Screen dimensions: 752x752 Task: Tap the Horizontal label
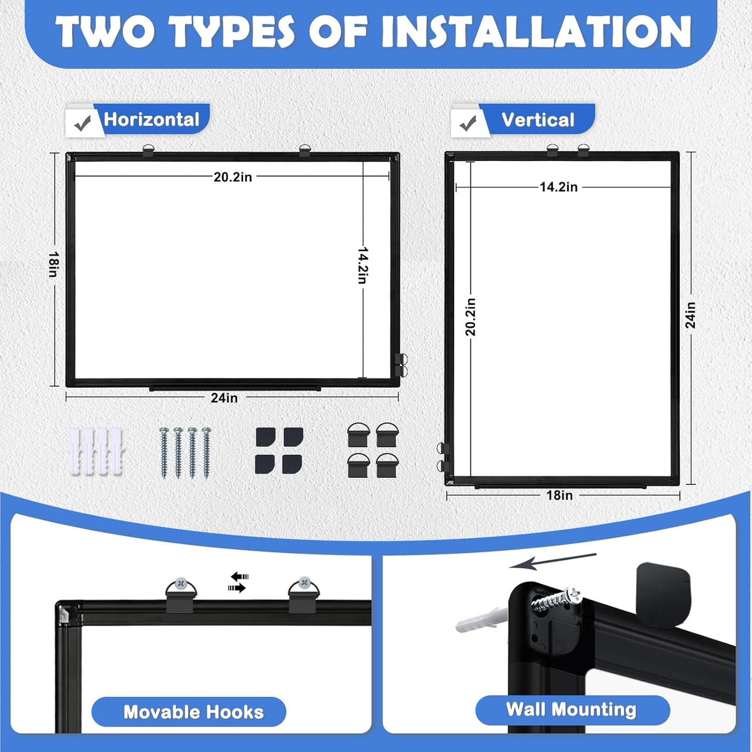[152, 120]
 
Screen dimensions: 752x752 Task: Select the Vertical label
[538, 120]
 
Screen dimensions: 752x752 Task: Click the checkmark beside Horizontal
[83, 123]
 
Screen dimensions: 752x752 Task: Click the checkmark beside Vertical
[468, 123]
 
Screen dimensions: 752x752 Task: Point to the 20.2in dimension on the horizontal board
[232, 177]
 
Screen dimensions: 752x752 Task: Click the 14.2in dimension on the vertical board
[558, 187]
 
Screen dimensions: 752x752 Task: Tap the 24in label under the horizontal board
[224, 398]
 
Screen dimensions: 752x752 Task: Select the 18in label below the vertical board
[559, 495]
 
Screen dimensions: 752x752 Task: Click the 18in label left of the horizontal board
[53, 264]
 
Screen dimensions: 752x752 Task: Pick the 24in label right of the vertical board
[691, 315]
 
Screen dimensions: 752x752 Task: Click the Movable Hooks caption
[194, 712]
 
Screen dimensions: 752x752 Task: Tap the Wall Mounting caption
[571, 709]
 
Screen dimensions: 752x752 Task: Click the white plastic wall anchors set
[96, 451]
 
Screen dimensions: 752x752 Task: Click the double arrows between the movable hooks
[238, 582]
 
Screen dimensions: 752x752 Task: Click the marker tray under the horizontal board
[235, 389]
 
